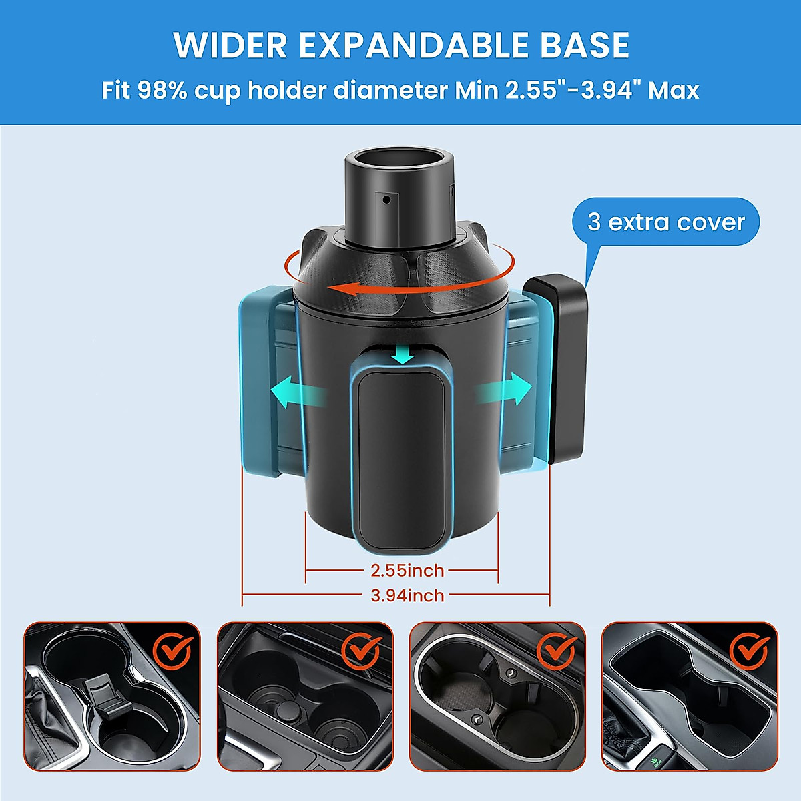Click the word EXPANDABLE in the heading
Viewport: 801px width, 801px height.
(x=414, y=45)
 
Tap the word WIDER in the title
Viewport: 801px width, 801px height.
(x=230, y=45)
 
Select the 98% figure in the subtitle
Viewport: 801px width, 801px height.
(x=162, y=90)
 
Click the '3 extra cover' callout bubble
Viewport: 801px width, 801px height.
(x=665, y=222)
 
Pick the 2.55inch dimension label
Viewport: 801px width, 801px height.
(x=407, y=571)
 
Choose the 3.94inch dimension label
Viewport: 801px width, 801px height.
(x=407, y=595)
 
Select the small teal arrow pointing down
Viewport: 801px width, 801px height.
(x=403, y=354)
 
